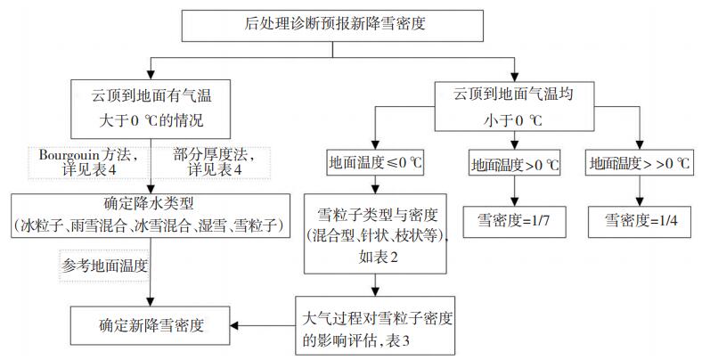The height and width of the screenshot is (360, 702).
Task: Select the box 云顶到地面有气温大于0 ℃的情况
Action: pos(150,104)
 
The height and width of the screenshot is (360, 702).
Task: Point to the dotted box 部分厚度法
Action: pos(217,161)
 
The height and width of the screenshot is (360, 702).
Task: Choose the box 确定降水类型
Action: pos(150,216)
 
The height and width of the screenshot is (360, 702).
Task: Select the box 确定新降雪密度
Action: pos(150,324)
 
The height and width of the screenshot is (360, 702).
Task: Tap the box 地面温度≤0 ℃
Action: pos(375,163)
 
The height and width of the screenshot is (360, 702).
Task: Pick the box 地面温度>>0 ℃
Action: pos(641,164)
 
